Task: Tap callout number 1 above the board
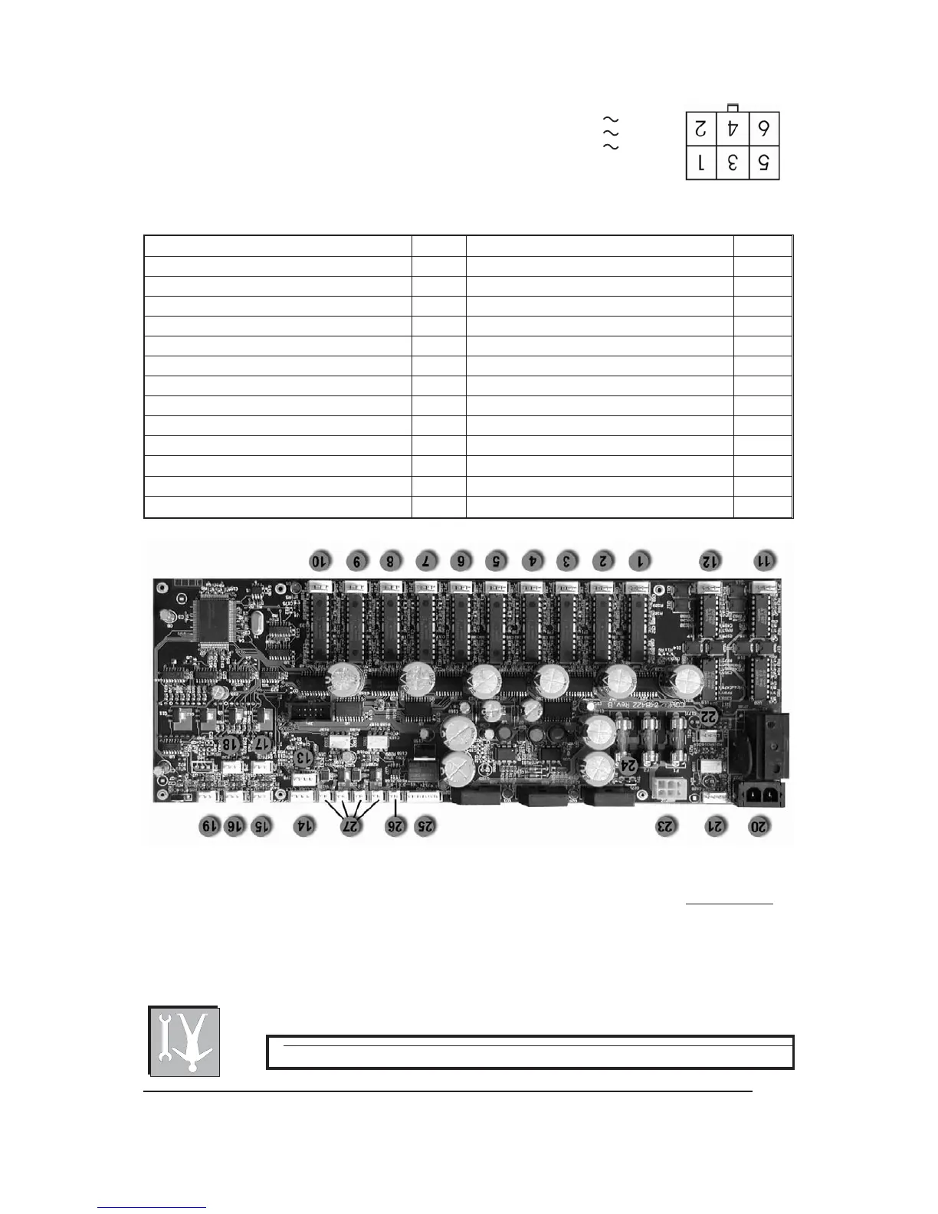tap(638, 561)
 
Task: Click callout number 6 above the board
tap(461, 561)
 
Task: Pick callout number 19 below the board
tap(209, 826)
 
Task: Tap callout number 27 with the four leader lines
tap(351, 827)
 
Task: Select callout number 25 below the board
tap(425, 826)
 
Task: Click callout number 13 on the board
tap(304, 756)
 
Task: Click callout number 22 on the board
tap(709, 717)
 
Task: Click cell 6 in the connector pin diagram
tap(763, 128)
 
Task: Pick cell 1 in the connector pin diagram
tap(700, 163)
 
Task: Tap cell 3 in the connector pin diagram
tap(732, 163)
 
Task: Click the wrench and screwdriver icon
tap(184, 1041)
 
